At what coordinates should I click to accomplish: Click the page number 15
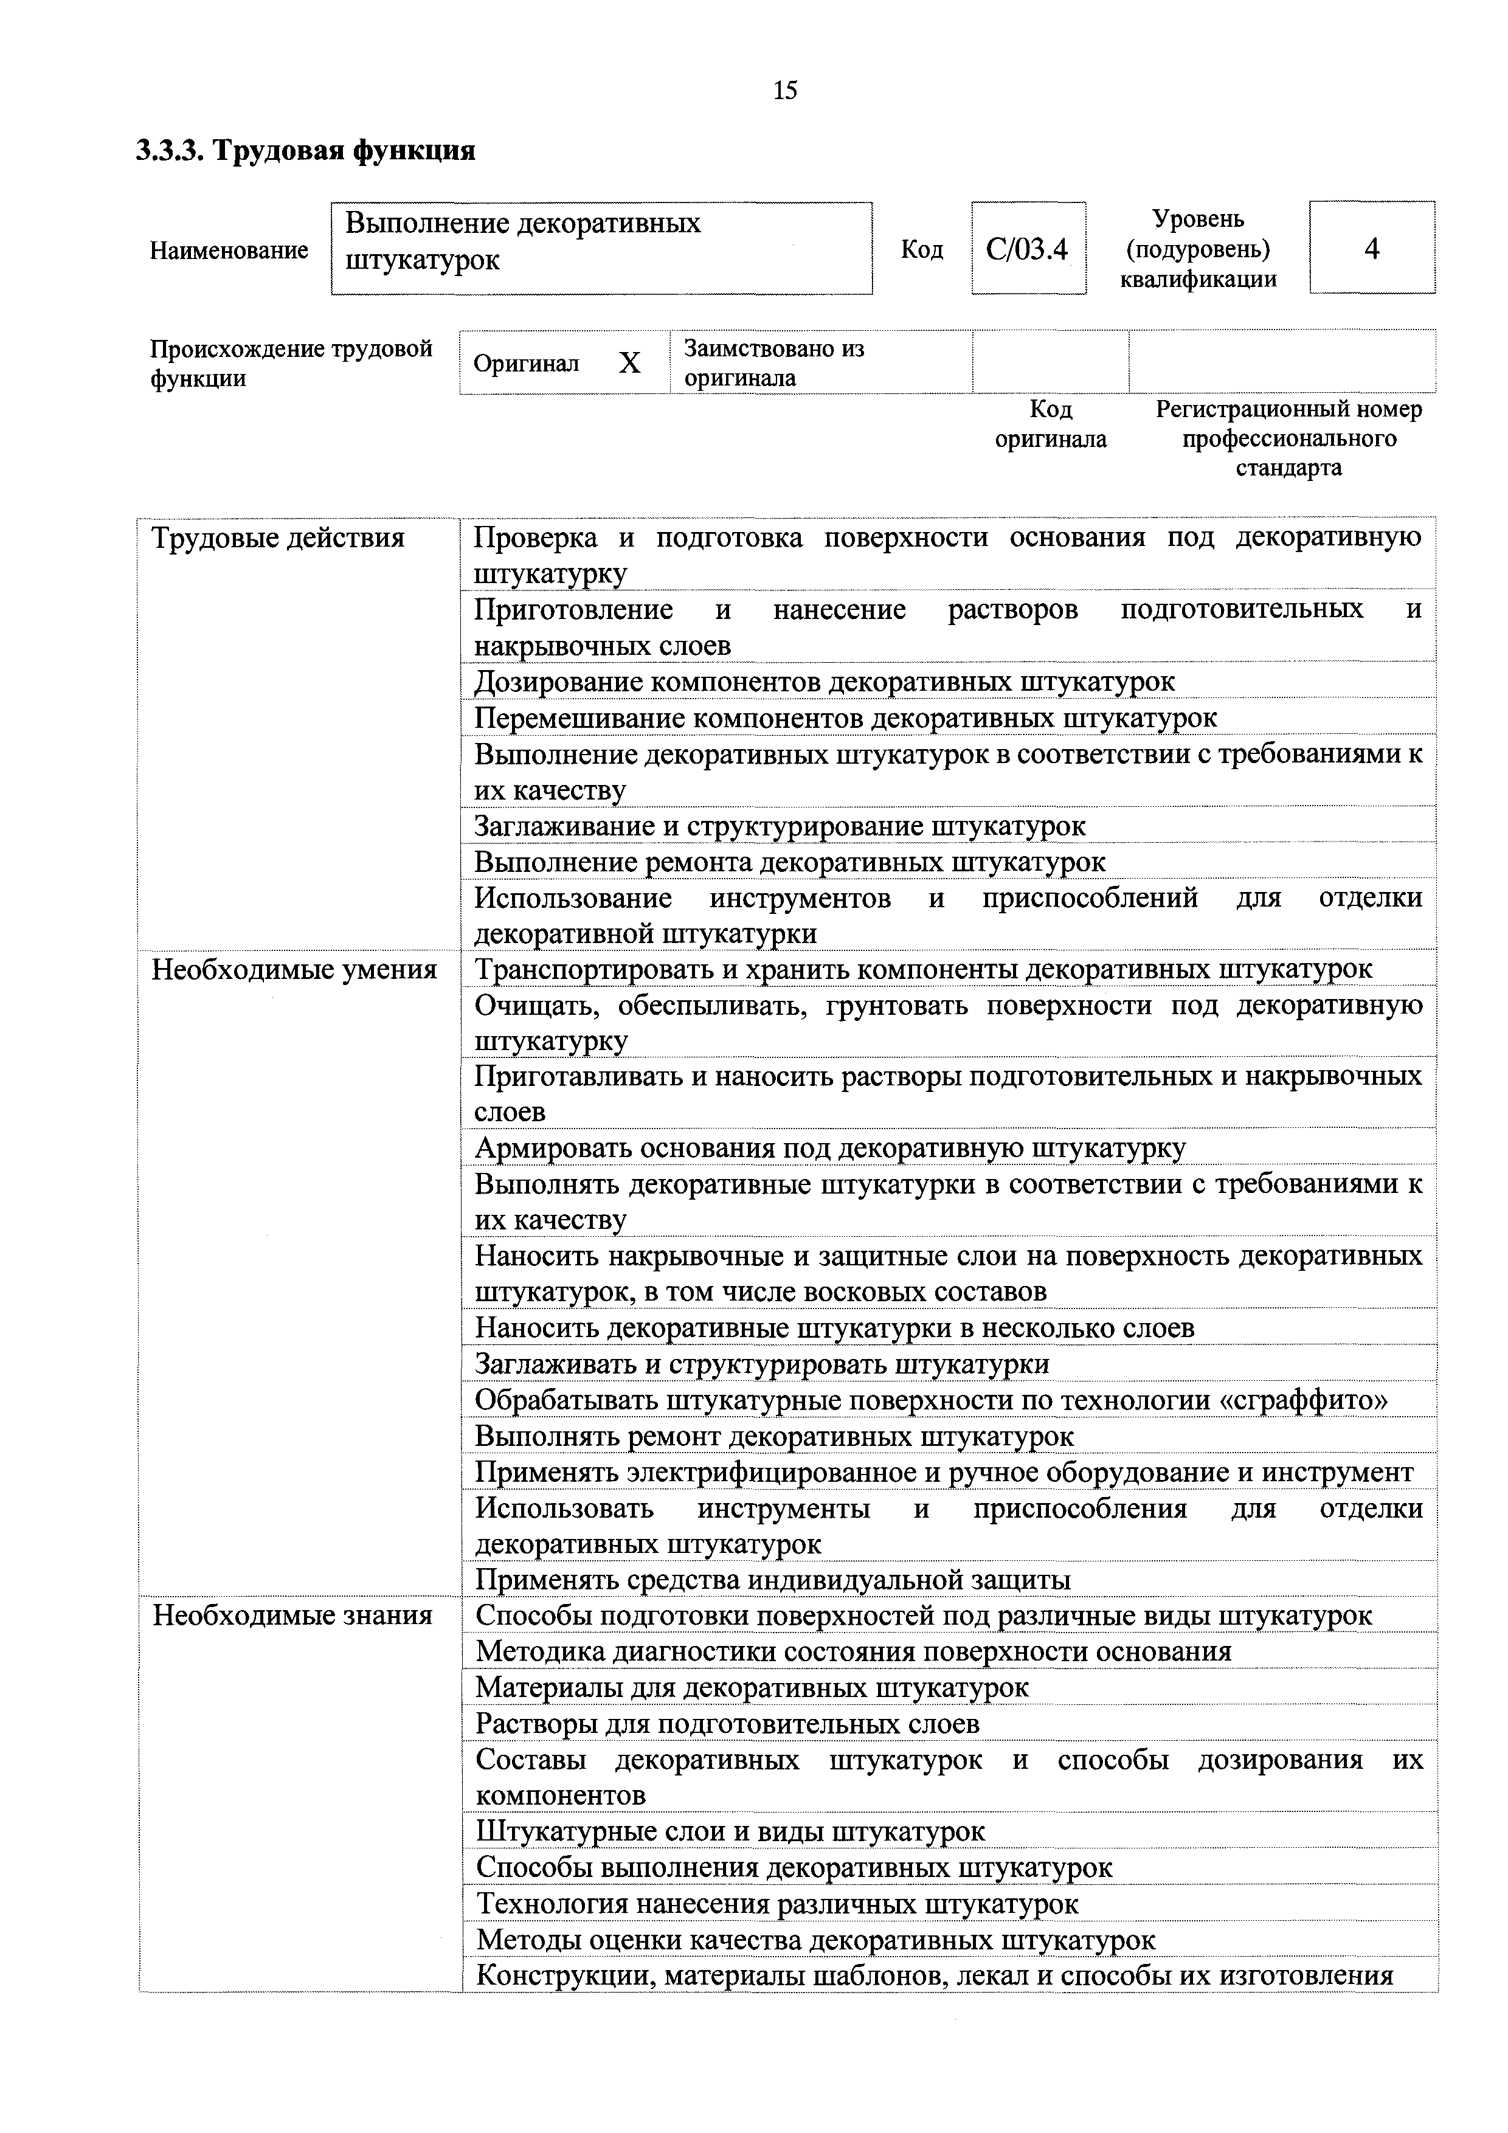[784, 90]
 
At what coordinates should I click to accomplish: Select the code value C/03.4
[1028, 249]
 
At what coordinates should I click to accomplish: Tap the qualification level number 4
[1371, 248]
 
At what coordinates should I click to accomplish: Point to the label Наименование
[229, 250]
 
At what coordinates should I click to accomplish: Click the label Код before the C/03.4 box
[922, 249]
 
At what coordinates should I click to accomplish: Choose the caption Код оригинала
[1051, 424]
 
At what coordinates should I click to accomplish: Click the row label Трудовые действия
[278, 538]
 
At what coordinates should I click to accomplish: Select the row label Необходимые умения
[294, 970]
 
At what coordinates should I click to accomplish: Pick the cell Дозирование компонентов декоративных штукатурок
[824, 682]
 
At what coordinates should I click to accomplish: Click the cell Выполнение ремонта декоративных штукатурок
[790, 862]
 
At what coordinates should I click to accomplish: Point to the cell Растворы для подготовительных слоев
[727, 1724]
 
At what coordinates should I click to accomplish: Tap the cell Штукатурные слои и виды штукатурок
[730, 1832]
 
